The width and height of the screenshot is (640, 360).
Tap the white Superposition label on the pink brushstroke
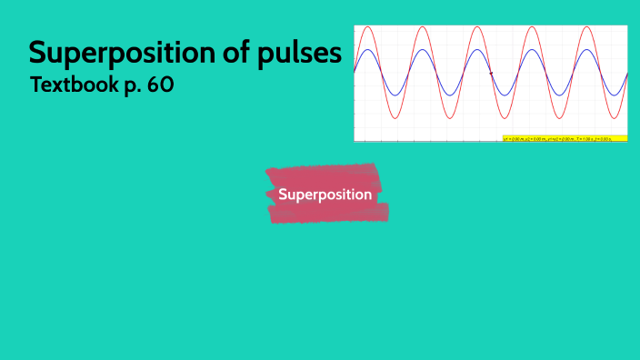325,195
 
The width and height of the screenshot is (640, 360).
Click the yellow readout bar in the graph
565,138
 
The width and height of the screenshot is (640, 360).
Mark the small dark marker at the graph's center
491,73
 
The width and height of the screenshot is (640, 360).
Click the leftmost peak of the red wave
367,27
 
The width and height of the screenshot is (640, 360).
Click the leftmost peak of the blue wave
367,50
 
